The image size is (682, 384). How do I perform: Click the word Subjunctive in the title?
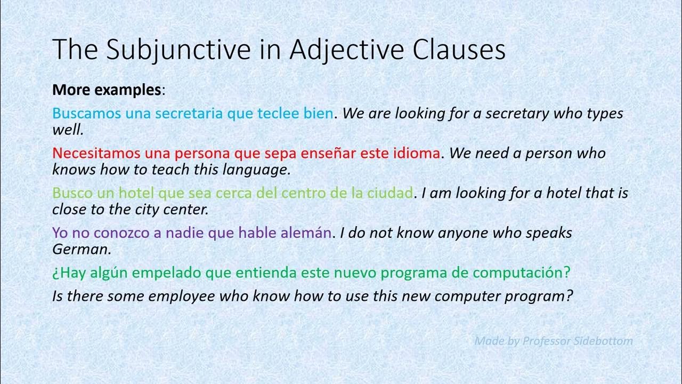178,50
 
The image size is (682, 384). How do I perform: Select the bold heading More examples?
107,90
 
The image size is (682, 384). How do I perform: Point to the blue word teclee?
281,114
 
